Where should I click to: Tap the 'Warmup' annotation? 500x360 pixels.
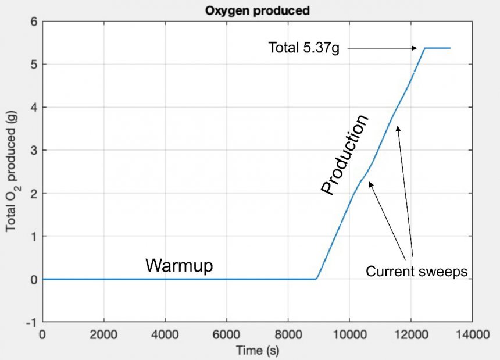click(x=179, y=265)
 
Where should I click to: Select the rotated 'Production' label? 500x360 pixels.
click(x=345, y=155)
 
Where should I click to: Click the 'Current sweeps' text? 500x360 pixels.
click(x=417, y=271)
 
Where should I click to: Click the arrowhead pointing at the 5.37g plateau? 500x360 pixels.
click(x=415, y=48)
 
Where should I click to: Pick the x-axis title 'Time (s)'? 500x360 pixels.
click(x=258, y=351)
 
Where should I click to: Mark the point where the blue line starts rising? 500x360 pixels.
click(x=316, y=279)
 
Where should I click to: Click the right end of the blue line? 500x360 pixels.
click(x=450, y=48)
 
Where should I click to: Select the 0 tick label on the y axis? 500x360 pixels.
click(x=34, y=279)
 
